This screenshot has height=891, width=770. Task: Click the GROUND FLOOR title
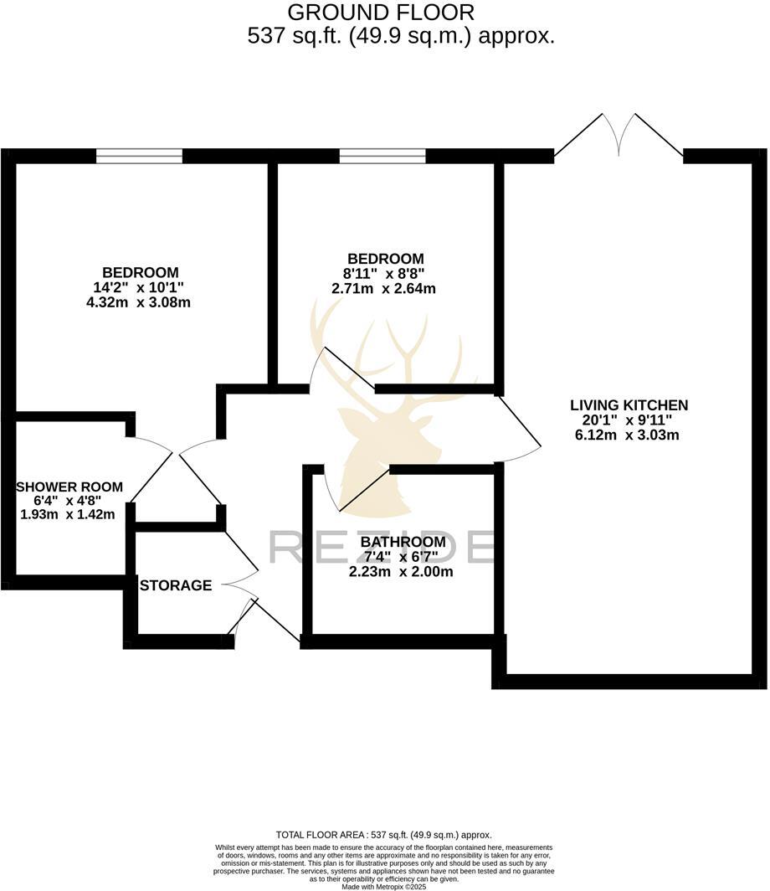tap(381, 13)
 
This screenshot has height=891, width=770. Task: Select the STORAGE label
tap(176, 585)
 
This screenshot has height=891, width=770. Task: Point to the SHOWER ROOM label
tap(69, 487)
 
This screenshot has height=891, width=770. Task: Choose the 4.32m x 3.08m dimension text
tap(139, 302)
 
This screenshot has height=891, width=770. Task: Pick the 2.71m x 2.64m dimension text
tap(384, 289)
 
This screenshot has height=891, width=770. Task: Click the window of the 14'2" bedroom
tap(139, 156)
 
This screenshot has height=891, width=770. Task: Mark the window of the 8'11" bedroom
tap(382, 156)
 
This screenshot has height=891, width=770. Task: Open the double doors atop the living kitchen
tap(619, 134)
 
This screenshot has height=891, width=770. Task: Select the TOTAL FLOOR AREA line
tap(384, 835)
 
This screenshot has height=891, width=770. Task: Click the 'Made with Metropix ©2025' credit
tap(384, 887)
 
